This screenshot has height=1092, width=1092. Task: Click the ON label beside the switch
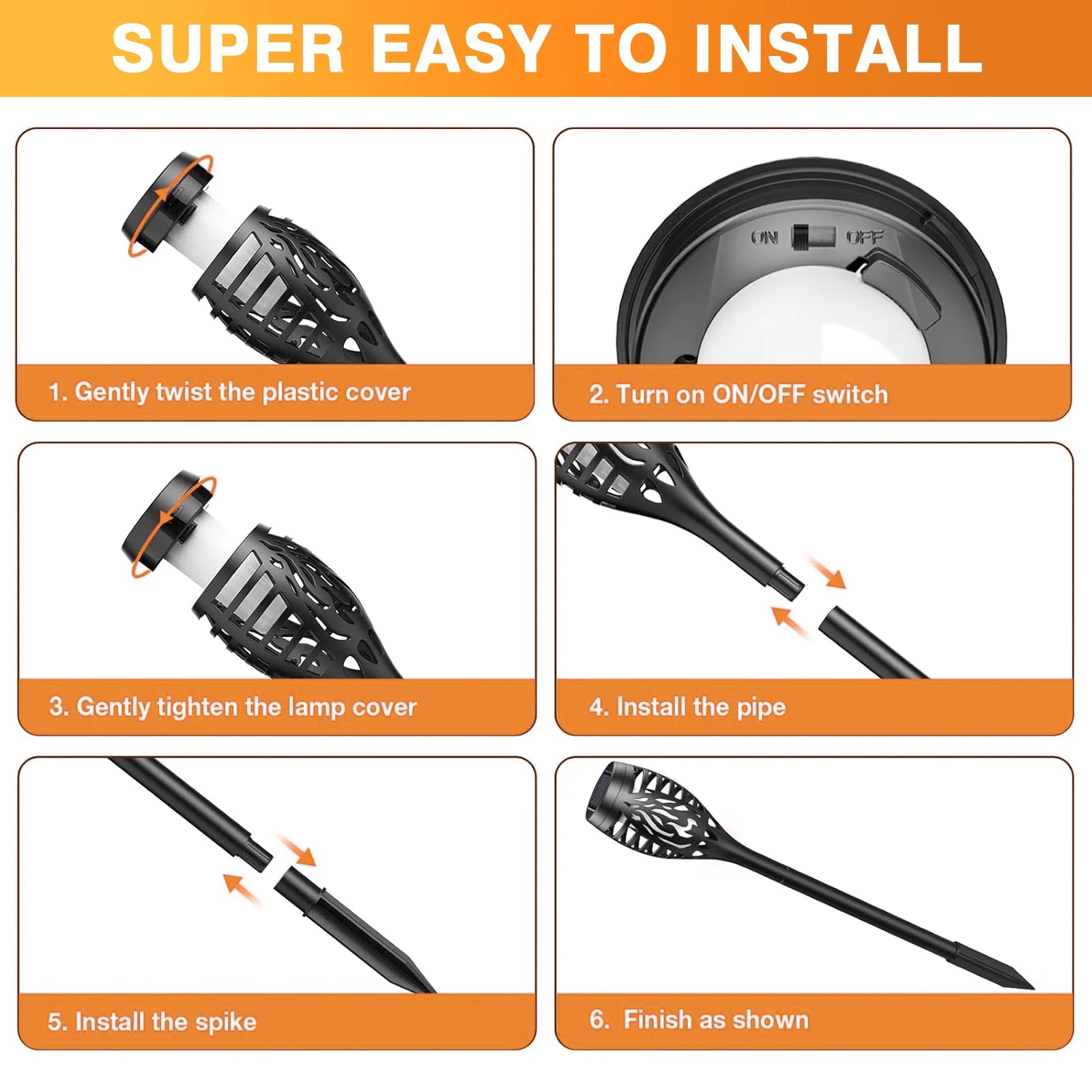point(764,238)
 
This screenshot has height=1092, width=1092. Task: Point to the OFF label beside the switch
point(865,238)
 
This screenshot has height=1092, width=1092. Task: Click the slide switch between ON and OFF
point(813,237)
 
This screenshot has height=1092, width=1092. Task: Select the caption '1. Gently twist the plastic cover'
point(229,392)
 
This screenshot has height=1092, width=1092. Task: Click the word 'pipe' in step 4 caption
point(761,707)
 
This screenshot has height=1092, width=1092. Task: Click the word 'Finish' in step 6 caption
point(656,1020)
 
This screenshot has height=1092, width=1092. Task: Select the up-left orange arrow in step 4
point(788,620)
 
